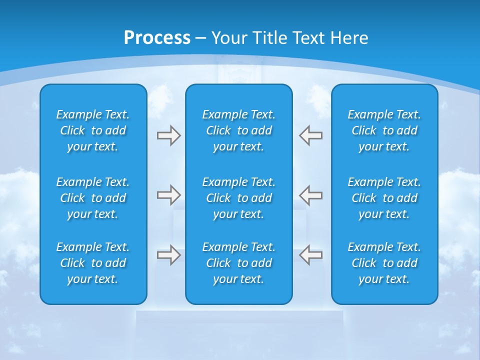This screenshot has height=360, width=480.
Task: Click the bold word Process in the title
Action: (157, 38)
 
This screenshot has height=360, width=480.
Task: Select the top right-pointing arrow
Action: (168, 135)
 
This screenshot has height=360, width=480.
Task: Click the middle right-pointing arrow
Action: (168, 195)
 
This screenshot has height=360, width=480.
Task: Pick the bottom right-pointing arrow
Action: (168, 255)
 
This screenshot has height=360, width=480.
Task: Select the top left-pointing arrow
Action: (311, 135)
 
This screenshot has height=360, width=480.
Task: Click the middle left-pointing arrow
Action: (311, 195)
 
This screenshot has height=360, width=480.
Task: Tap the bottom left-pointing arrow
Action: (311, 255)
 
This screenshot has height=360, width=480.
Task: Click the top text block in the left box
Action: (93, 130)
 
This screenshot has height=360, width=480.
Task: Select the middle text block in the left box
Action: (93, 198)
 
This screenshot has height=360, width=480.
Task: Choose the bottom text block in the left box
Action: (93, 263)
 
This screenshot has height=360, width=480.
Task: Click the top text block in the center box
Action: (239, 130)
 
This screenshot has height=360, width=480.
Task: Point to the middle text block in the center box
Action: (239, 198)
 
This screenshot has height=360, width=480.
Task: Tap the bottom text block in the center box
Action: (239, 263)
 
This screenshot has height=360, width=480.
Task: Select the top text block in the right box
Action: (384, 130)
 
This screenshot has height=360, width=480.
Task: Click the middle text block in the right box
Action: (384, 198)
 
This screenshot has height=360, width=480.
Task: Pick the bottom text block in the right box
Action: (384, 263)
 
